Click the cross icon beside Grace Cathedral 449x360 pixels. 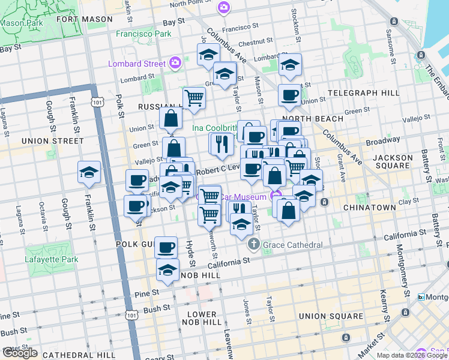click(x=254, y=244)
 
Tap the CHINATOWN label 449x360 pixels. click(x=369, y=207)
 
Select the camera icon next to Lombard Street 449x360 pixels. click(x=175, y=62)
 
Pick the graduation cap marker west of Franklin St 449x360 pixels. click(x=89, y=172)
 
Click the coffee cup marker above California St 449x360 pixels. click(x=166, y=247)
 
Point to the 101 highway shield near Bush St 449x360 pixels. click(x=133, y=313)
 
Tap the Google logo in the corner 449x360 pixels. click(x=19, y=353)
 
